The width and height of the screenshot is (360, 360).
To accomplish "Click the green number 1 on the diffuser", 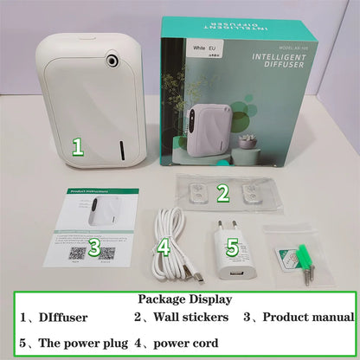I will tap(77, 146).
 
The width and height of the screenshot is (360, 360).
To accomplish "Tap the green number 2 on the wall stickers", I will tap(222, 193).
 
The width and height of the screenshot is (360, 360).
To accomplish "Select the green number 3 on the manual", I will tap(94, 248).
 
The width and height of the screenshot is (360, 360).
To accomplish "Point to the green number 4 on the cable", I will tap(163, 248).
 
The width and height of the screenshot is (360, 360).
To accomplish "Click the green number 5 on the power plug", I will tap(232, 247).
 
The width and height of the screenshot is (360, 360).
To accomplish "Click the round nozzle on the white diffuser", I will tap(112, 59).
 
